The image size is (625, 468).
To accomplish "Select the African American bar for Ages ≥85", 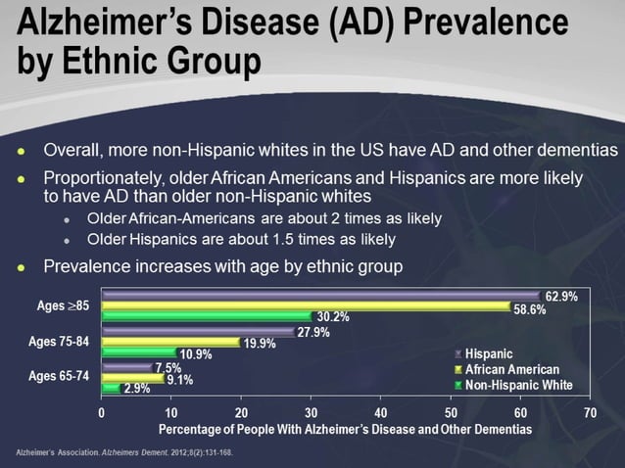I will pos(306,306).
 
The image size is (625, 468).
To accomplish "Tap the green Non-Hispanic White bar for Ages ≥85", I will pos(207,316).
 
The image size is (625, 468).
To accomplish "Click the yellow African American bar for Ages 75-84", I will pos(170,343).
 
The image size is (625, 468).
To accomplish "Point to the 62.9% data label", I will pos(561,296).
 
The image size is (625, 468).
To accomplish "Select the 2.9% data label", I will pos(136,389).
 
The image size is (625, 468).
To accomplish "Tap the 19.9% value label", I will pos(260,344).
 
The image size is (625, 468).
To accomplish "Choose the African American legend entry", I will pos(511,369).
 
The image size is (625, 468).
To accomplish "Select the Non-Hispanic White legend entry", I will pos(518,385).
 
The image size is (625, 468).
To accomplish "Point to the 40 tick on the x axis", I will pos(380,412).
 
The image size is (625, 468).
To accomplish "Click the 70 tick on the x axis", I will pos(589,412).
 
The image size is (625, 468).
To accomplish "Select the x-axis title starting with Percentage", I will pos(345,429).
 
